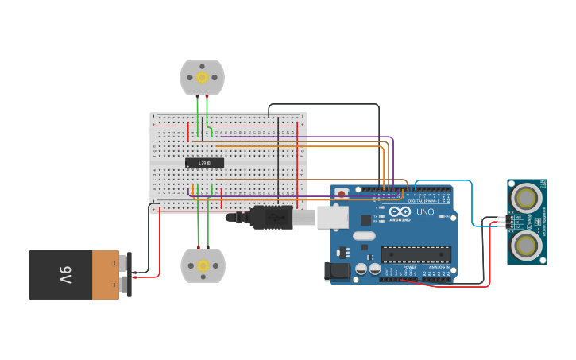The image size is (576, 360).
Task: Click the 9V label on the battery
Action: point(65,275)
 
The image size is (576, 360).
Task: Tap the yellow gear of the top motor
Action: point(202,77)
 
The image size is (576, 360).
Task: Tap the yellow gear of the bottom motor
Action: point(203,265)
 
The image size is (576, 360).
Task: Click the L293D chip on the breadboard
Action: point(204,163)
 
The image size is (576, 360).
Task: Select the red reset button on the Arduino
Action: point(342,193)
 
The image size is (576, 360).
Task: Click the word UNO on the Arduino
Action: point(425,212)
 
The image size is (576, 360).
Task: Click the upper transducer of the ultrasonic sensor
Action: point(526,197)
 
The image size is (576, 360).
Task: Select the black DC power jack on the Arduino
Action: point(338,271)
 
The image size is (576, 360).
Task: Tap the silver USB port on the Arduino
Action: point(332,217)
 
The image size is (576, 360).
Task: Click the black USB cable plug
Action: point(270,217)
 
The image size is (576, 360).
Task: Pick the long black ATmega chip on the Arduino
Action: point(416,254)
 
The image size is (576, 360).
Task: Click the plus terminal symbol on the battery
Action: point(114,284)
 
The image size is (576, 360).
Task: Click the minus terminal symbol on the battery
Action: point(114,264)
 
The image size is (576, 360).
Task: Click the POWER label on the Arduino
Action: point(410,268)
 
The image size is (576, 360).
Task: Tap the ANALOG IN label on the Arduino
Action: point(438,268)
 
